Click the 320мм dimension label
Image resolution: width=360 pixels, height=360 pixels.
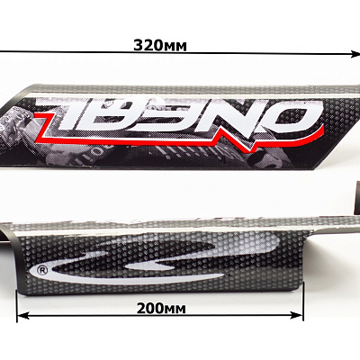point(159,46)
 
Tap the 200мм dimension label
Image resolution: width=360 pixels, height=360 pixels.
point(161,308)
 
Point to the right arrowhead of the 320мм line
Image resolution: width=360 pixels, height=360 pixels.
point(355,54)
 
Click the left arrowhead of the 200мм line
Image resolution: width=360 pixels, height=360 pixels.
point(22,315)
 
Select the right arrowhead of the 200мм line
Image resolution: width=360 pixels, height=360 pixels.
point(296,315)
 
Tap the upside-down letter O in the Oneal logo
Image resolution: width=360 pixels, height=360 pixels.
point(296,116)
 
